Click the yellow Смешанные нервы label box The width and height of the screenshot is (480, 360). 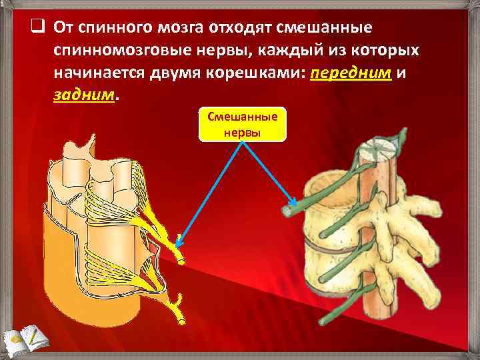point(243,124)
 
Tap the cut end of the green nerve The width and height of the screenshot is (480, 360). point(288,211)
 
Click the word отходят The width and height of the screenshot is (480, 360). point(226,29)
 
